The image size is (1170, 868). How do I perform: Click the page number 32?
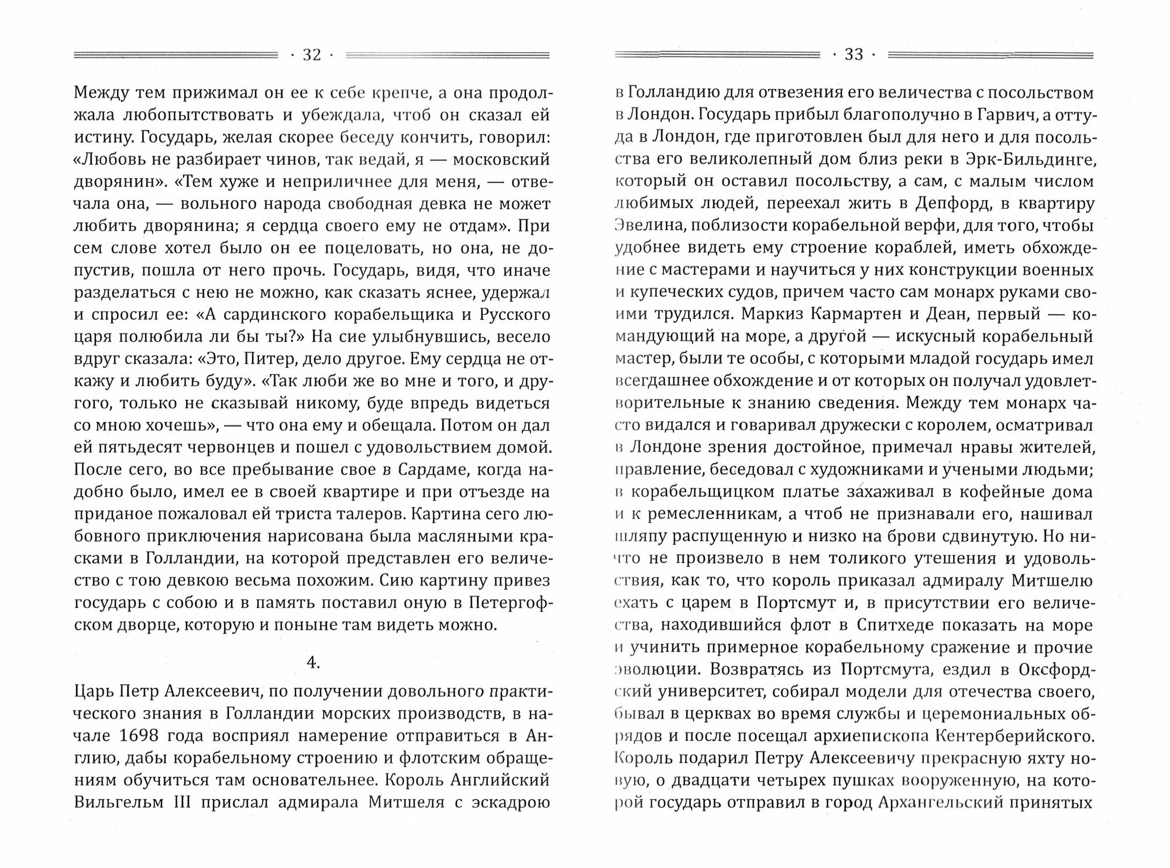pyautogui.click(x=311, y=55)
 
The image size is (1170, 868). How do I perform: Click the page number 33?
pyautogui.click(x=854, y=55)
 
